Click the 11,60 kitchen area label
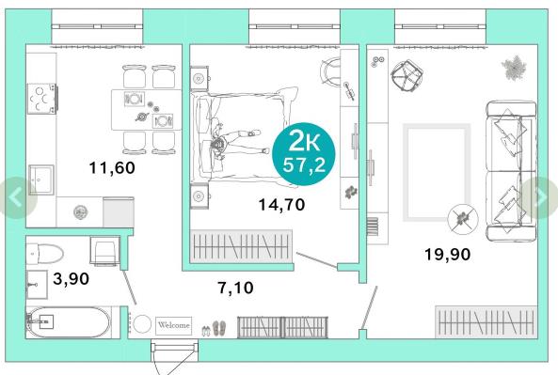click(112, 168)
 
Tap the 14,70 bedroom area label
click(281, 205)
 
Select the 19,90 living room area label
click(447, 255)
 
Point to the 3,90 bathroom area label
click(72, 279)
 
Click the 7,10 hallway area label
click(235, 288)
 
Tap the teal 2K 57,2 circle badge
click(304, 154)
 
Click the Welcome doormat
click(174, 325)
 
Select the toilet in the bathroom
click(45, 254)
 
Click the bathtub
click(69, 322)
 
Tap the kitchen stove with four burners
click(42, 99)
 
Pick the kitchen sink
click(41, 180)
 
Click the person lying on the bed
click(236, 143)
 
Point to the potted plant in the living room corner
click(514, 67)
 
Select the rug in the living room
click(437, 172)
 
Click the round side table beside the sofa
click(463, 219)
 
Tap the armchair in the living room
click(407, 75)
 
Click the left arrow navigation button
click(17, 197)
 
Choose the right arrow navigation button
click(540, 197)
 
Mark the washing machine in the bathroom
click(105, 251)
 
